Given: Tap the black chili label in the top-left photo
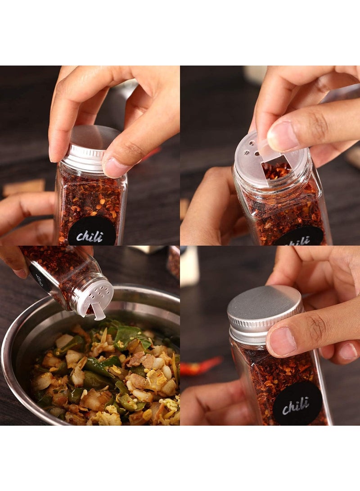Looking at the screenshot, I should (92, 232).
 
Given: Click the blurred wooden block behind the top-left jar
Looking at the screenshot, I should (24, 187).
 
